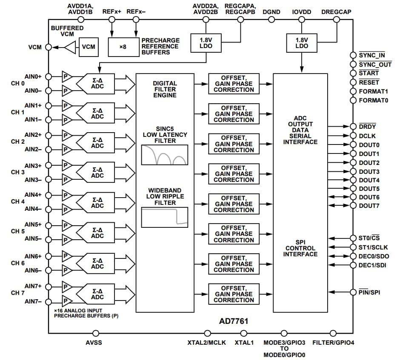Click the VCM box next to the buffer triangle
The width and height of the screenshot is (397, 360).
89,47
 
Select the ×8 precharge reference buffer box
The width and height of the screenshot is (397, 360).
123,47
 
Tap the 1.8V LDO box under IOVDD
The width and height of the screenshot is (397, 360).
301,43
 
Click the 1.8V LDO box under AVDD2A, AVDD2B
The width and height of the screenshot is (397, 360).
206,43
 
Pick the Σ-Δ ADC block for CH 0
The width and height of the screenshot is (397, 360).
97,83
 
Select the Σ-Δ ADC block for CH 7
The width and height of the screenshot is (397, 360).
97,294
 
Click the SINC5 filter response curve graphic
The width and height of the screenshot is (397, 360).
165,155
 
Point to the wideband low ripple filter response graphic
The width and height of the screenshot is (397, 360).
165,217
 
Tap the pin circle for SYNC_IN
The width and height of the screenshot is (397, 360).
353,55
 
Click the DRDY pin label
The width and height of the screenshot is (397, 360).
367,127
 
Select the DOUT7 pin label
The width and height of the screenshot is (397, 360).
369,206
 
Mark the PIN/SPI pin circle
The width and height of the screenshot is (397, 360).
353,292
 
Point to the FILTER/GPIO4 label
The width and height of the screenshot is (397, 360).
333,343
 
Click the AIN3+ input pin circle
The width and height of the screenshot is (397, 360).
49,166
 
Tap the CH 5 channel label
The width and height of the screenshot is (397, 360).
18,232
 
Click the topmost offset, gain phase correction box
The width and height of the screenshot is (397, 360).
234,84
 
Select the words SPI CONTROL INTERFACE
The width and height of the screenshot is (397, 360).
301,248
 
